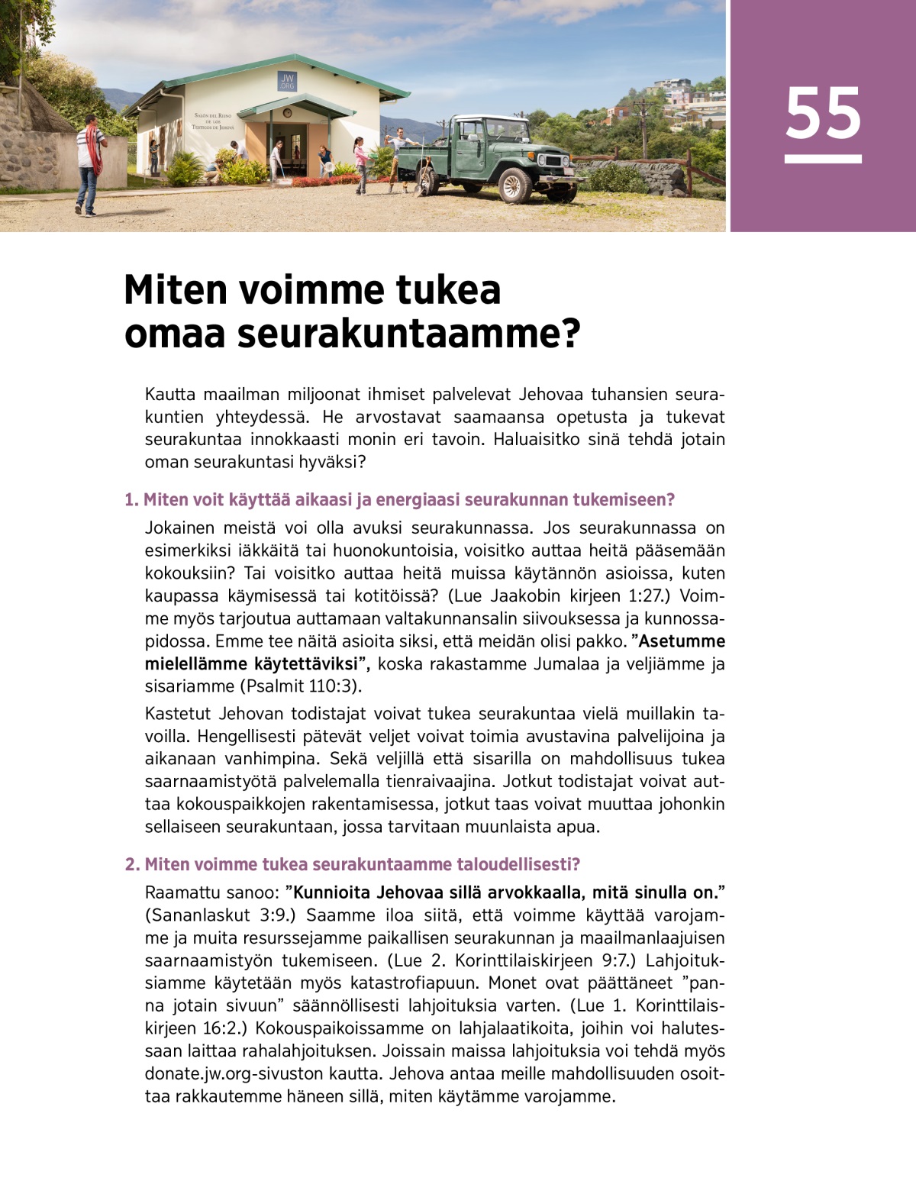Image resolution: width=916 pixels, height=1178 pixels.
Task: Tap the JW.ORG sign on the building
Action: coord(288,82)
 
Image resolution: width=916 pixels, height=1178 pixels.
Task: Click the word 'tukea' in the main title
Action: coord(447,289)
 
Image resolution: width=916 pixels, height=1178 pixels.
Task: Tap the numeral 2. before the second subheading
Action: coord(132,864)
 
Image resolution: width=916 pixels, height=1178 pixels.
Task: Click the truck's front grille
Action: coord(551,161)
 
